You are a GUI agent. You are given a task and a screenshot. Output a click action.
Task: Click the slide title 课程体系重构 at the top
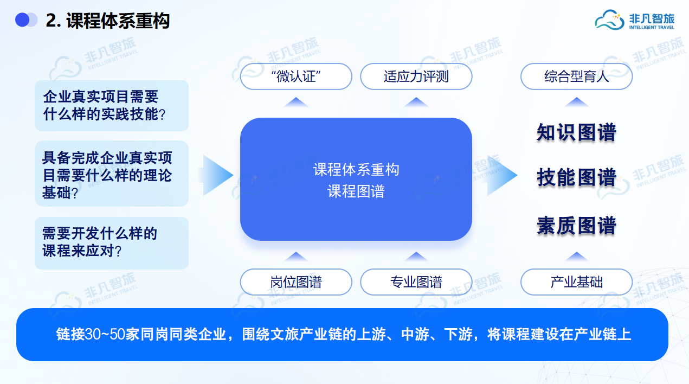[118, 21]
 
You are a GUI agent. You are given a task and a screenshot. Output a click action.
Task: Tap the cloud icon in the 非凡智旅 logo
[609, 20]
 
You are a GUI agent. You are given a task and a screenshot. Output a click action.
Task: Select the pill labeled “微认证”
[296, 76]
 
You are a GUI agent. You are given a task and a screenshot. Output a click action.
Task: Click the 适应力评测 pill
[416, 76]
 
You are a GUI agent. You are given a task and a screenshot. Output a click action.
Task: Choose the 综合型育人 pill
[576, 76]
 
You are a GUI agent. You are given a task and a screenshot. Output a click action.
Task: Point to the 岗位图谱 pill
[296, 282]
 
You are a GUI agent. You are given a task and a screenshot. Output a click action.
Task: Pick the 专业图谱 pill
[416, 282]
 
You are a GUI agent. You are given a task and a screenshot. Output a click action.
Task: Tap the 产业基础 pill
[576, 282]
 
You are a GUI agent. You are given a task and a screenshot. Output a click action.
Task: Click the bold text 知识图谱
[576, 133]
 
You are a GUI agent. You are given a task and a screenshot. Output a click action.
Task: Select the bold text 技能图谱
[576, 177]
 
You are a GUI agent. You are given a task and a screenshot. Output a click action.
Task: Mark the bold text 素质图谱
[576, 226]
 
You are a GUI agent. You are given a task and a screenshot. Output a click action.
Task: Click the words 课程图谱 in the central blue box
[356, 191]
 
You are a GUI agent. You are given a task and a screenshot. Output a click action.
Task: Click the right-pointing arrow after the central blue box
[501, 175]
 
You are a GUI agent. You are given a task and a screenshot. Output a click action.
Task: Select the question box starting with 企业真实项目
[111, 106]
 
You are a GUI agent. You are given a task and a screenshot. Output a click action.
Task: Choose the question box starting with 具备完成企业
[111, 174]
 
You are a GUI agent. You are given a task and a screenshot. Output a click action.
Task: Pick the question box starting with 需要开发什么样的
[111, 243]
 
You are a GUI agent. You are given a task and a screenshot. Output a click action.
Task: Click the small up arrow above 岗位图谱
[296, 257]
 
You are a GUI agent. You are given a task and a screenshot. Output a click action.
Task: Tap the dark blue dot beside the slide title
[22, 20]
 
